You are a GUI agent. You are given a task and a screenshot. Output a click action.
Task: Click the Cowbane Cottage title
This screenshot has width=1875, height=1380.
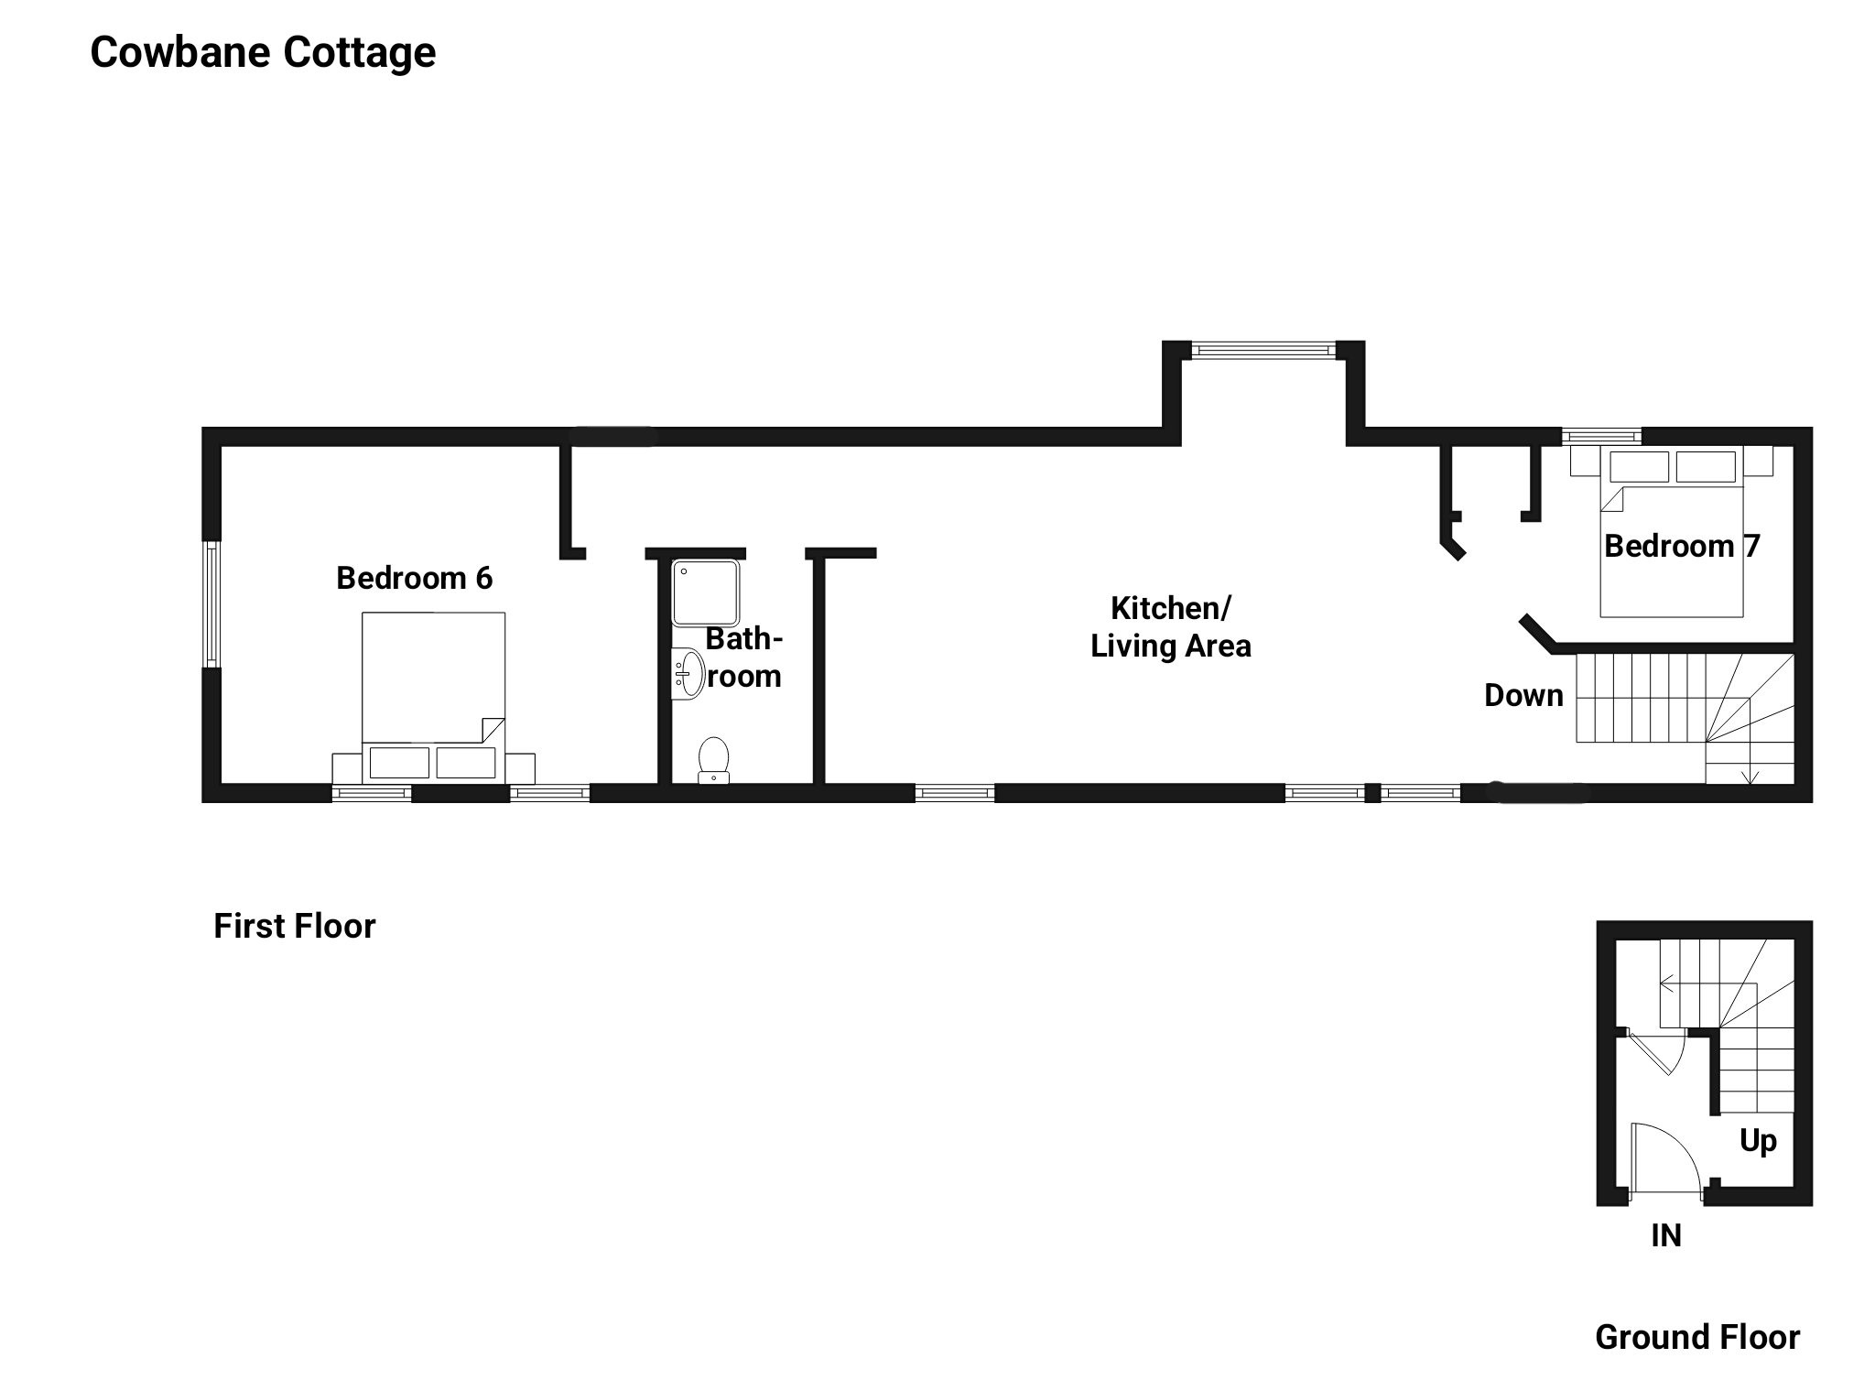point(263,52)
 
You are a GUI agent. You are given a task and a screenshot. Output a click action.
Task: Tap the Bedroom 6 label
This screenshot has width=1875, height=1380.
point(414,578)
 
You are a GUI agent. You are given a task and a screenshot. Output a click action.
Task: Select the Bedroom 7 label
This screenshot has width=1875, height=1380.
point(1681,546)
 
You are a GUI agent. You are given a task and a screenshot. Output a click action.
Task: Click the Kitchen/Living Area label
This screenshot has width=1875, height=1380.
point(1170,627)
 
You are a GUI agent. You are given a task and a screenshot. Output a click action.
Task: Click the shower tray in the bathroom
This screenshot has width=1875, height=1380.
point(705,592)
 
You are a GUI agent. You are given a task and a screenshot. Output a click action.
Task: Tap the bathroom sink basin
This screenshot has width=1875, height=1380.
point(688,674)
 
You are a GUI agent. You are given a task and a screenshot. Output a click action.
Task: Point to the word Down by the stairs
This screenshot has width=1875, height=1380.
point(1523,696)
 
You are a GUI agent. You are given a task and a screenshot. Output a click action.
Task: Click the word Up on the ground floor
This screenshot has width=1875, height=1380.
point(1758,1141)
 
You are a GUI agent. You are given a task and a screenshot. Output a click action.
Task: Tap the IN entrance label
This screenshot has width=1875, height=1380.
point(1666,1236)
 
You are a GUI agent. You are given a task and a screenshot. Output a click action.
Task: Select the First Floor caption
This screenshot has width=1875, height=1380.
point(294,927)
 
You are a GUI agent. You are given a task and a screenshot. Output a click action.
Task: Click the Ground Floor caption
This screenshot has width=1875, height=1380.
point(1697,1338)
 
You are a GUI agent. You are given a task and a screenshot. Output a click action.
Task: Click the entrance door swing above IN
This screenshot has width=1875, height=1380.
point(1662,1158)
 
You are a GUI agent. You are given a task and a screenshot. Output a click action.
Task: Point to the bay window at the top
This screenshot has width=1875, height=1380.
point(1263,349)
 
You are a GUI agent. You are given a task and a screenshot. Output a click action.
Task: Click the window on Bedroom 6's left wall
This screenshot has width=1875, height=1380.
point(211,603)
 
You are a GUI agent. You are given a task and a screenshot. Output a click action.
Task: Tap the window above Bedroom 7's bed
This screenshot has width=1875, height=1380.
point(1600,436)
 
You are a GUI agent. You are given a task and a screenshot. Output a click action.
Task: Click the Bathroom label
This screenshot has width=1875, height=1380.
point(743,657)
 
